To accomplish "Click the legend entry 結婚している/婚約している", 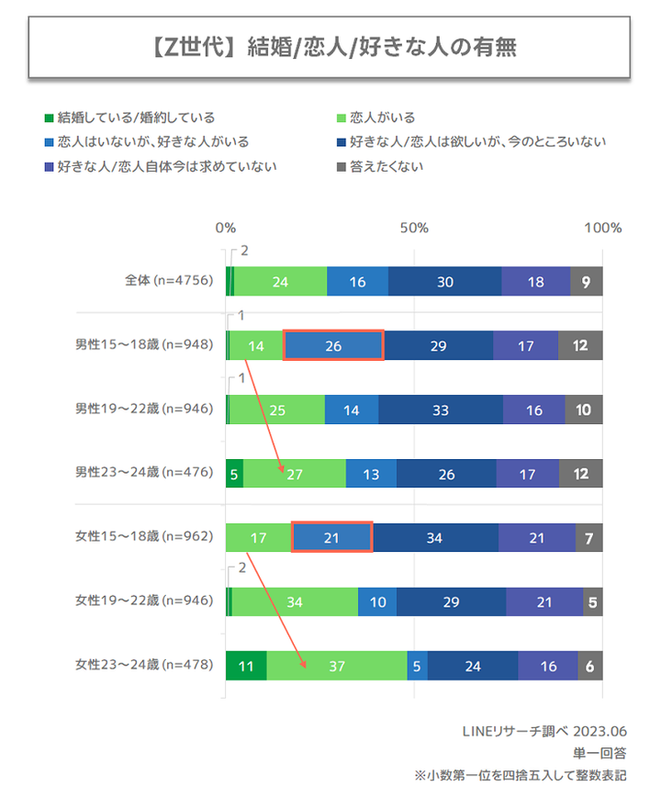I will point(136,118).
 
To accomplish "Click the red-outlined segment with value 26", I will point(333,345).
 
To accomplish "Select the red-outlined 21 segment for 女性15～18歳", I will point(331,537).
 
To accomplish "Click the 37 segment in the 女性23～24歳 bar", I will point(337,666).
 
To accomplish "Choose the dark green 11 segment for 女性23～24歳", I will point(246,666).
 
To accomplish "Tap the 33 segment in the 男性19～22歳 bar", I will point(441,410).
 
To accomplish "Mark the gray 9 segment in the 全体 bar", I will point(587,281).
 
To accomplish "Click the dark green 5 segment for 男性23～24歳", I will point(234,474).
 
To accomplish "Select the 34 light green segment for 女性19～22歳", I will point(295,601).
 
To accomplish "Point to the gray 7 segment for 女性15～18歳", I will point(589,537).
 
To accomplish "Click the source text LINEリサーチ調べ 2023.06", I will point(544,731).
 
